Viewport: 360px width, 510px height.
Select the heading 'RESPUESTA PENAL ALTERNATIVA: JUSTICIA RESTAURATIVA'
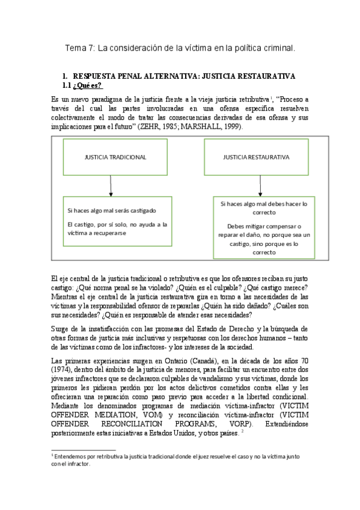click(183, 77)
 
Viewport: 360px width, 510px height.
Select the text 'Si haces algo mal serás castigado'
click(112, 210)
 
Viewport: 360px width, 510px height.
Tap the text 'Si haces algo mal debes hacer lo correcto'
click(264, 208)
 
